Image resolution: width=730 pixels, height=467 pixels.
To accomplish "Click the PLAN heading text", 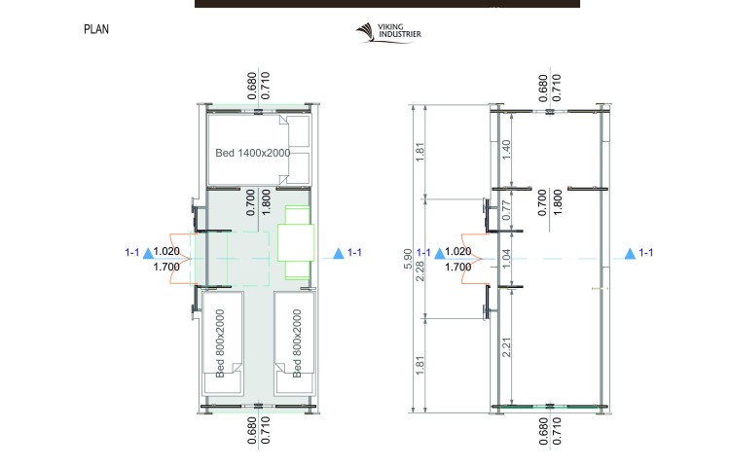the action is point(96,29).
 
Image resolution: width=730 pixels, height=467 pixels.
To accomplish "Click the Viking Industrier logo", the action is point(388,33).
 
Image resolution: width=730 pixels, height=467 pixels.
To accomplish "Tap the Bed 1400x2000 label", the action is point(253,153).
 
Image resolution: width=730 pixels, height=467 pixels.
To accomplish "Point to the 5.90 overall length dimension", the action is point(408,259).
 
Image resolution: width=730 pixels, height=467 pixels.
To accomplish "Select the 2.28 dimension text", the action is point(420,271).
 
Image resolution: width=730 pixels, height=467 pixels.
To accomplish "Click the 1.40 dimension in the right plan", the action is point(506,149).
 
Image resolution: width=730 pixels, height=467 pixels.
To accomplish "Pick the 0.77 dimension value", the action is point(506,210).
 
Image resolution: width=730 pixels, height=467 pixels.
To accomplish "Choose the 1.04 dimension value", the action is point(506,259).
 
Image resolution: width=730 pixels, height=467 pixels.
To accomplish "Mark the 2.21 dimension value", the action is point(506,347).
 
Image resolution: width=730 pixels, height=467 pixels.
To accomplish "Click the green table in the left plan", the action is point(296,243).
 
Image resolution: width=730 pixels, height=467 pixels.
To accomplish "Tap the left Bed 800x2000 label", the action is point(220,343).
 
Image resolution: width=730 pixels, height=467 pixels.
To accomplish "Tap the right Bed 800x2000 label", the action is point(297,343).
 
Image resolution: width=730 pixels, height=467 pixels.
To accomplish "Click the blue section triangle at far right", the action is point(630,254).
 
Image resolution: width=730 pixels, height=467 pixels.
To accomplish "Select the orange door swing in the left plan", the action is point(181,259).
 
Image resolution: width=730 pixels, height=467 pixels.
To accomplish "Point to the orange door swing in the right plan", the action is point(472,259).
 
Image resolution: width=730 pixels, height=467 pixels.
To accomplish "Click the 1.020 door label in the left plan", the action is point(166,251).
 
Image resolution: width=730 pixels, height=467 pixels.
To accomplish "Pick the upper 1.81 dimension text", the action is point(420,152).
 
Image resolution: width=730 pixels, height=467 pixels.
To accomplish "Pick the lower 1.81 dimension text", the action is point(420,366).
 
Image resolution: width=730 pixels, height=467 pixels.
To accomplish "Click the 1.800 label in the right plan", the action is point(557,202).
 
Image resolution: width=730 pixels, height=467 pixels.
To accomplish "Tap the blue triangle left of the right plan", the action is point(439,254).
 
